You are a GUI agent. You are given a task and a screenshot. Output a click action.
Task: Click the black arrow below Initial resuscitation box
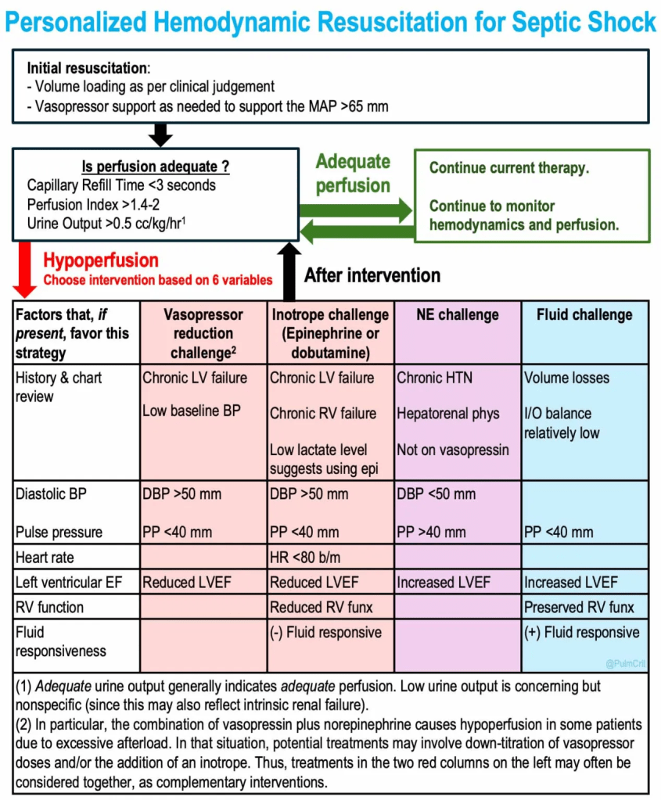coord(160,135)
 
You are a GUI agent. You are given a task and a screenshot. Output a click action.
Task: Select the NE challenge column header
coord(458,315)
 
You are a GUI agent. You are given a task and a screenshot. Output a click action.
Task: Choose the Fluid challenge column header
coord(584,315)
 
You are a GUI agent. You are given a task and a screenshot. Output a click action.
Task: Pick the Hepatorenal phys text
coord(447,414)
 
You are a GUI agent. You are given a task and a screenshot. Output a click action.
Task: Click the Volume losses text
coord(566,378)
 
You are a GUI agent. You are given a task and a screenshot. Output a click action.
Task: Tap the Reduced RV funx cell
coord(321,607)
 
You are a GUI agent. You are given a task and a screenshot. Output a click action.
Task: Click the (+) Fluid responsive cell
coord(581,633)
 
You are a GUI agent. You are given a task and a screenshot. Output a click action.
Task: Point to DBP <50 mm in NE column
coord(436,494)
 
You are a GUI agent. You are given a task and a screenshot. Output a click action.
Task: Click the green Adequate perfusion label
coord(353,174)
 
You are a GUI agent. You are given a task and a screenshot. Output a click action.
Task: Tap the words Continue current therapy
coord(509,168)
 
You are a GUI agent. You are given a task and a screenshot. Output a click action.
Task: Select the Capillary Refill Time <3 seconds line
coord(121,186)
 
